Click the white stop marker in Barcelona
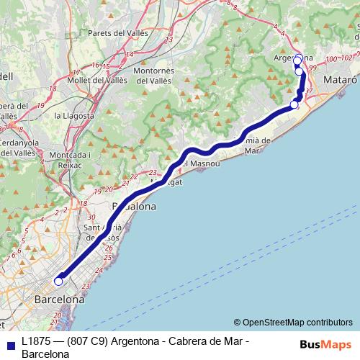click(x=59, y=282)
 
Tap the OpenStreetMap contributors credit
click(x=297, y=323)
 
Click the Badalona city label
click(x=133, y=206)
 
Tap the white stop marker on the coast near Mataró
click(x=294, y=105)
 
